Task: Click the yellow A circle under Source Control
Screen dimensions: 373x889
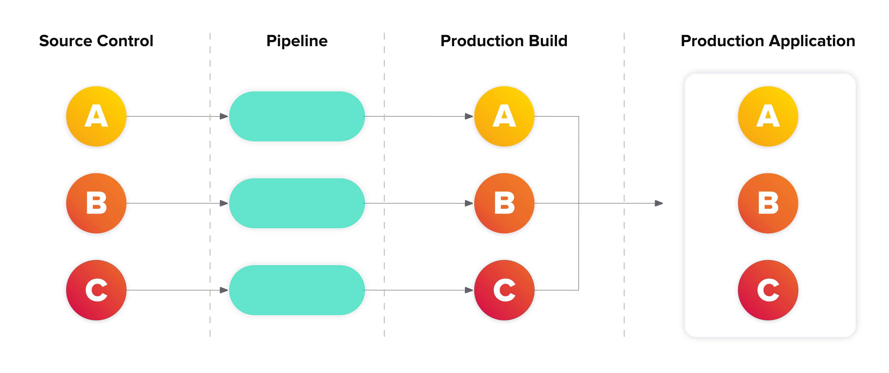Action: tap(96, 117)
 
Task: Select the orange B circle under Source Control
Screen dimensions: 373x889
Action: tap(96, 203)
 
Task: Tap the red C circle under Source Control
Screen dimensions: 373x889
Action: tap(96, 290)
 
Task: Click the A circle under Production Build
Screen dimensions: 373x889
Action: tap(504, 117)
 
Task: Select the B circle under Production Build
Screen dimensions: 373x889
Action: tap(504, 203)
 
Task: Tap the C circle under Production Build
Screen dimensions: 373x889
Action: tap(504, 290)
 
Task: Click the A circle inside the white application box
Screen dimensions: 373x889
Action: tap(768, 117)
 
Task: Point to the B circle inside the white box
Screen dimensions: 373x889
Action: tap(768, 203)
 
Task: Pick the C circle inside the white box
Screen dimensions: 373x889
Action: tap(768, 290)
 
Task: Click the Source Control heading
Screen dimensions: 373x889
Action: tap(96, 41)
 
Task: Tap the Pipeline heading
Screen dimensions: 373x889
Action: tap(297, 41)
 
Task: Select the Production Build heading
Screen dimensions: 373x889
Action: tap(504, 41)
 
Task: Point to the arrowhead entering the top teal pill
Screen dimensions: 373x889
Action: tap(224, 117)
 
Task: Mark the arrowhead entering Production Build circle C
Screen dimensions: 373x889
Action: tap(469, 290)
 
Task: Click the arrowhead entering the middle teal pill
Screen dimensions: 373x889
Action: tap(224, 203)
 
